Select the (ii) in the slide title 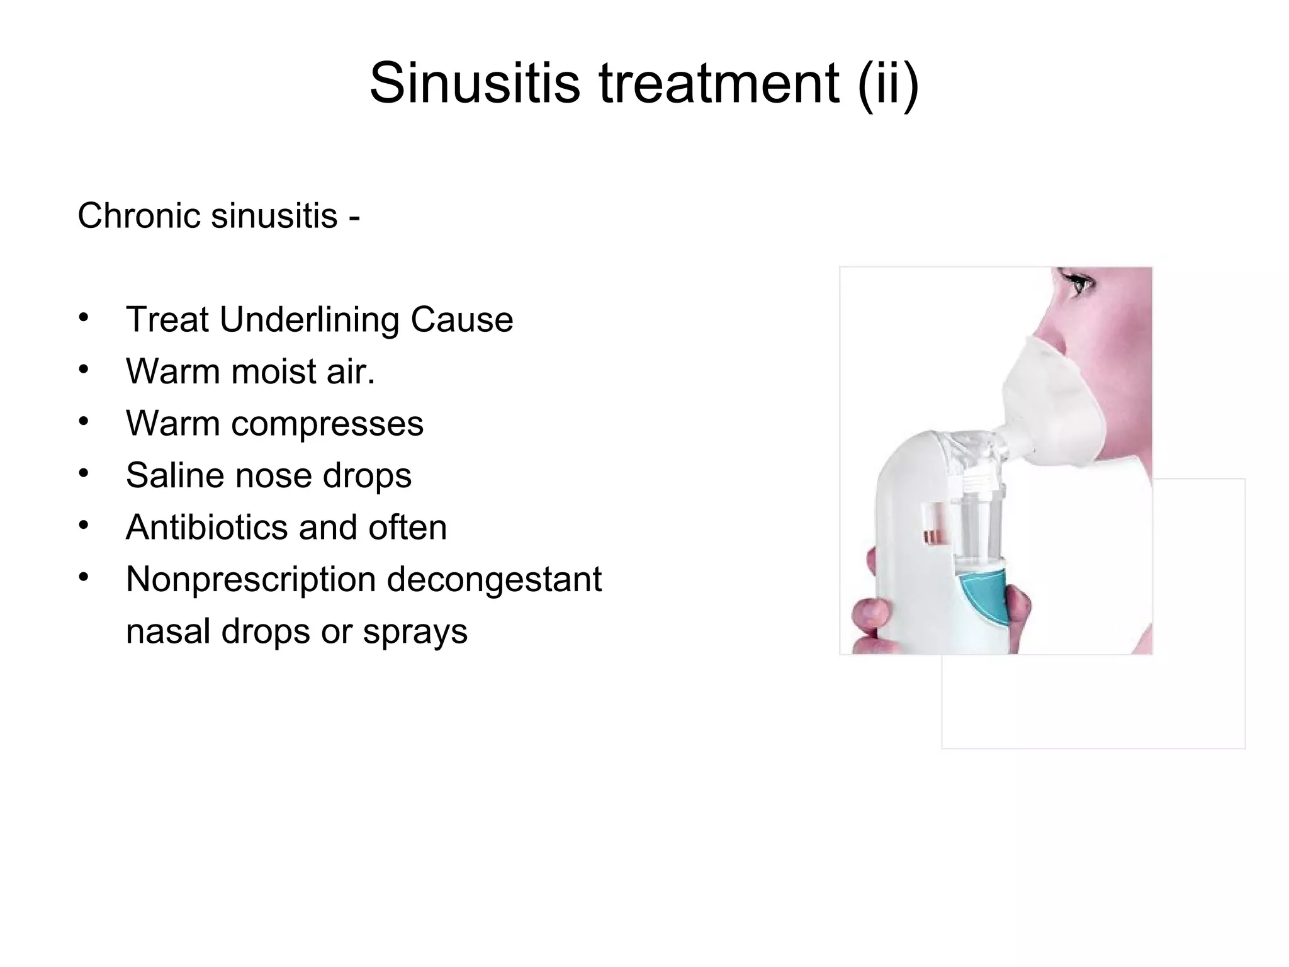point(887,83)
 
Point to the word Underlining point(309,320)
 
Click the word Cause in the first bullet point(461,320)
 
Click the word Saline point(174,475)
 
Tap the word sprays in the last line point(415,632)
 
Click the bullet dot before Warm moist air point(84,370)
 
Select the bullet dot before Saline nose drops point(84,473)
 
